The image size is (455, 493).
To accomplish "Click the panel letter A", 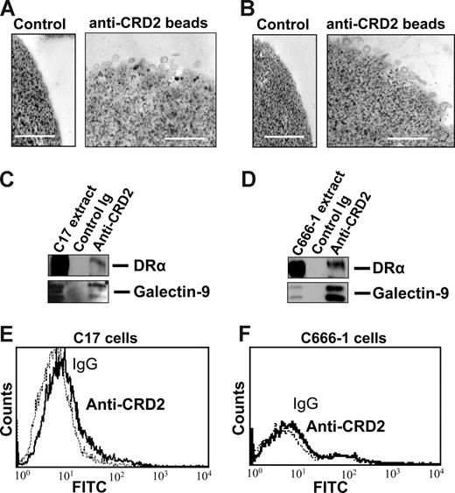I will pos(8,9).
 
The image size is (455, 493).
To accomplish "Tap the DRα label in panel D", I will pos(382,250).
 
